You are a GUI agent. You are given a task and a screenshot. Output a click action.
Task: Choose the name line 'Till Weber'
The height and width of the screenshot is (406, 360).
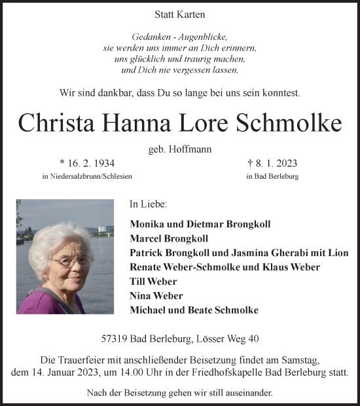153,281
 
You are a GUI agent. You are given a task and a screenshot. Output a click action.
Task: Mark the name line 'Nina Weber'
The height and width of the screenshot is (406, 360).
156,295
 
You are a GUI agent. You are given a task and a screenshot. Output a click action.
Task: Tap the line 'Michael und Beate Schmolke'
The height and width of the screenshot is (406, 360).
194,310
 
